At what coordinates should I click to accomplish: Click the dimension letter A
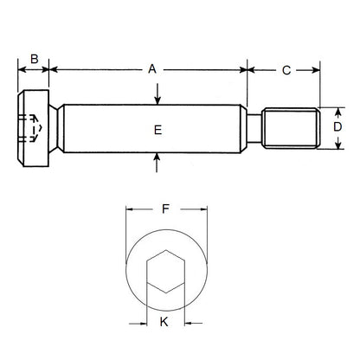152,67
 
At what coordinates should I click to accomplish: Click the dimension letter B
34,59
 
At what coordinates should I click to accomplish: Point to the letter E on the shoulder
157,130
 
